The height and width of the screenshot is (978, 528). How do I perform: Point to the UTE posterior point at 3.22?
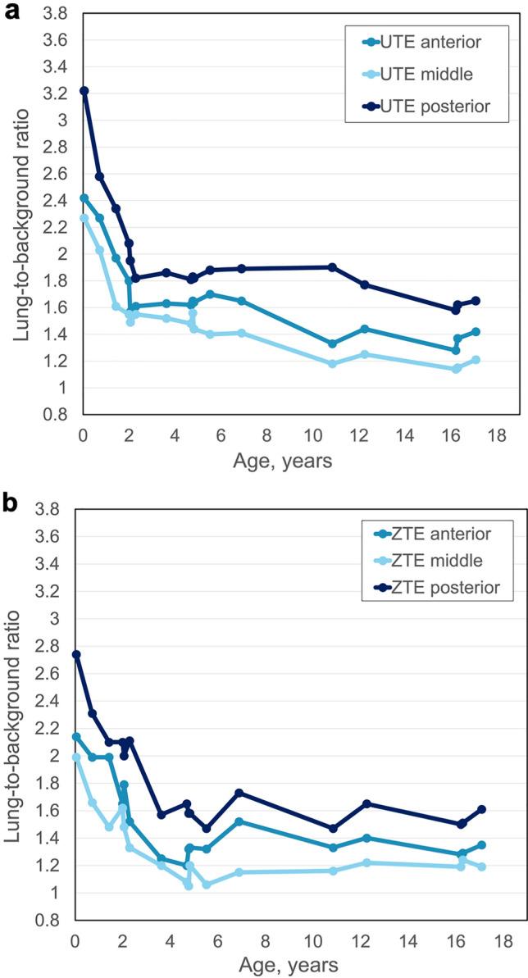(84, 91)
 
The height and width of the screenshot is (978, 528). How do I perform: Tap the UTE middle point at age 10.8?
(332, 363)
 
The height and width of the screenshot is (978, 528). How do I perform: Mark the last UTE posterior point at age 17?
(476, 301)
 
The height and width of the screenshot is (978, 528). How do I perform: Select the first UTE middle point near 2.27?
(84, 218)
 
